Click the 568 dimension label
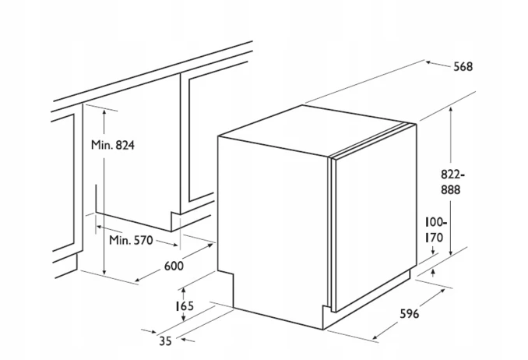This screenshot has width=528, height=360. point(463,67)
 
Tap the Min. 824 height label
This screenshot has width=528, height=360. point(113,145)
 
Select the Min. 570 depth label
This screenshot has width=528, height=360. point(131,240)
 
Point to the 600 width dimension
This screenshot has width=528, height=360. point(174,266)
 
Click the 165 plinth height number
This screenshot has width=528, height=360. point(185,305)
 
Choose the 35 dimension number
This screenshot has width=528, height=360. point(165,341)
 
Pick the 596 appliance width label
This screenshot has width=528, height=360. point(410,314)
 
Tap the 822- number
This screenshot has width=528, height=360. point(453,175)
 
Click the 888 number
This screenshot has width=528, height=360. point(451,190)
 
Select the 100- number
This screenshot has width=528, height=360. point(436,223)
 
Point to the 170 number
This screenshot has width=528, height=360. point(434,238)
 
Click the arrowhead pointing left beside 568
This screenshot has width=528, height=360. point(429,62)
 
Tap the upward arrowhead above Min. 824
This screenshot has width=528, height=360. point(104,112)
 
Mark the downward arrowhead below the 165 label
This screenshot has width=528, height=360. point(184,317)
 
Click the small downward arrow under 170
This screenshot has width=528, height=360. point(433,250)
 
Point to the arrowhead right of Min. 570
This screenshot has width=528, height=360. point(174,245)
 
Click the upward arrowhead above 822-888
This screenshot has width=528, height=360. point(451,110)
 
